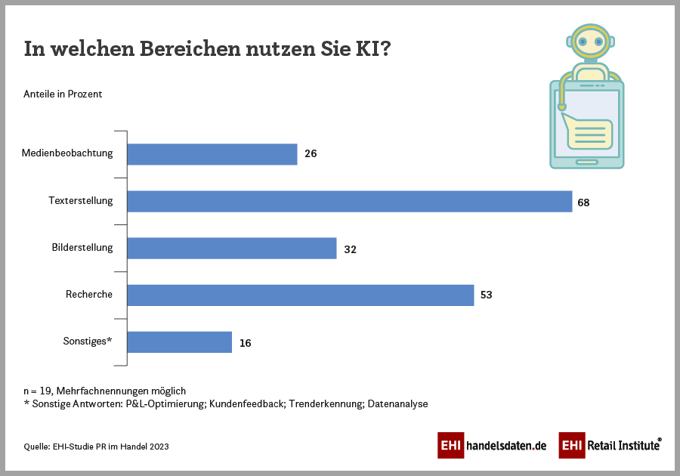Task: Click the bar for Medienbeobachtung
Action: click(x=212, y=154)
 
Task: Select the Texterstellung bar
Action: click(x=349, y=201)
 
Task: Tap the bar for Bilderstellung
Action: click(x=231, y=249)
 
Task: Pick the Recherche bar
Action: click(x=300, y=295)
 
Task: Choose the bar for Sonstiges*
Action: click(x=179, y=342)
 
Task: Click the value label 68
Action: click(x=583, y=202)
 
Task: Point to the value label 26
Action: click(x=311, y=154)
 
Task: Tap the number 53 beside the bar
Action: click(x=486, y=295)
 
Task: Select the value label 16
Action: click(x=245, y=343)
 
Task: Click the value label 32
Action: click(x=350, y=249)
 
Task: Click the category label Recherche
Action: click(x=89, y=294)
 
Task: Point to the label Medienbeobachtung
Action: click(x=67, y=153)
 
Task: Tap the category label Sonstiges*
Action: click(x=88, y=341)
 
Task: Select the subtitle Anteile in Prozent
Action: click(x=63, y=94)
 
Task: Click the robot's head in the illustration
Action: click(x=590, y=44)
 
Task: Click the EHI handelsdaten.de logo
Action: click(x=492, y=446)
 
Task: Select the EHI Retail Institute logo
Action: click(x=610, y=446)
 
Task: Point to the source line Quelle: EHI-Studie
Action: click(x=96, y=447)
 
